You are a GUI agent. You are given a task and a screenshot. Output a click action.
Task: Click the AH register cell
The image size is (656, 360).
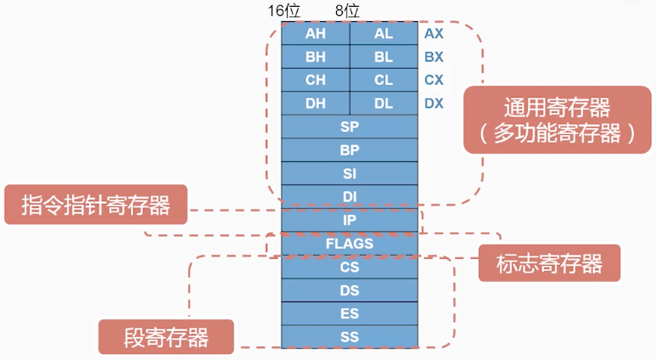point(316,34)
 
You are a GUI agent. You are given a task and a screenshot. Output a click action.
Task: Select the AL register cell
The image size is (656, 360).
point(384,34)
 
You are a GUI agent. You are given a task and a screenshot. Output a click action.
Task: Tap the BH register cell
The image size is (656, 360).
point(316,57)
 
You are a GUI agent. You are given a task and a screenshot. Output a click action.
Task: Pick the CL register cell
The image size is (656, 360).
point(384,80)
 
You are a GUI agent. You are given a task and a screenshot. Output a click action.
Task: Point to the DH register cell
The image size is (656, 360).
point(316,103)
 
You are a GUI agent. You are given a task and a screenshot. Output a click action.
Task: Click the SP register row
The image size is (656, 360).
point(350,127)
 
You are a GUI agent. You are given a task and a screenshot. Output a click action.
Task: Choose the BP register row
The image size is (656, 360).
point(350,150)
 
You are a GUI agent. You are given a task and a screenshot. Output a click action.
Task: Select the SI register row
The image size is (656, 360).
point(350,173)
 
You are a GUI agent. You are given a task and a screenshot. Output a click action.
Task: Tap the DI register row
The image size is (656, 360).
point(350,196)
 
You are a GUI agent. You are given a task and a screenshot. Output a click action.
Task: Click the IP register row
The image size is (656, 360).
point(350,220)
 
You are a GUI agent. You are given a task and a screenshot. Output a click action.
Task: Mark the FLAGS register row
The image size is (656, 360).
point(350,244)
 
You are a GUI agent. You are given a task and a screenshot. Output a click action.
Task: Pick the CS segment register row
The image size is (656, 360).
point(350,267)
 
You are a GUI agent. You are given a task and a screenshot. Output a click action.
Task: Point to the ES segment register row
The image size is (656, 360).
point(350,313)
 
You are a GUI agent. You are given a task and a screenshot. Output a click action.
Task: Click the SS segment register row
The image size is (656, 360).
point(350,337)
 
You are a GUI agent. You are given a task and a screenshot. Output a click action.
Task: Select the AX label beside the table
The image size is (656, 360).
point(434,34)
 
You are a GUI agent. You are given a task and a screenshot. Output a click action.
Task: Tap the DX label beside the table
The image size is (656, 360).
point(434,104)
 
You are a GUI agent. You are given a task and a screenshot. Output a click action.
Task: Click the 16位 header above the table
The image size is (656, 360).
point(284,10)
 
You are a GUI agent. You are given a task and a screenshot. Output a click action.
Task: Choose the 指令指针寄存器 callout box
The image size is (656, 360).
point(96,205)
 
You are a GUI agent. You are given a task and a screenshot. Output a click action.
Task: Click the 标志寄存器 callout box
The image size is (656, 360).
point(550,263)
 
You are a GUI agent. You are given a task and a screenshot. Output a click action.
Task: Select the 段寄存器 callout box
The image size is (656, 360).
point(166,336)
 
